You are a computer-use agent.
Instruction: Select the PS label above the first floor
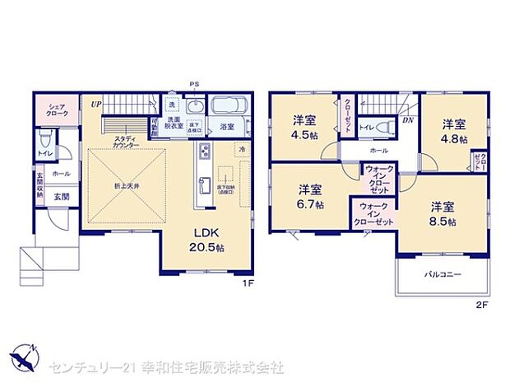[194, 84]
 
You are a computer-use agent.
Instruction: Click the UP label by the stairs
[96, 103]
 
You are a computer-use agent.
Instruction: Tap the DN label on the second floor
[407, 120]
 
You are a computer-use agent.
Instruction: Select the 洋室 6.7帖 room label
[310, 195]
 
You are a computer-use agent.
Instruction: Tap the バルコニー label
[443, 274]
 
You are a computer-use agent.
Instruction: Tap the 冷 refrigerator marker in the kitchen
[242, 149]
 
